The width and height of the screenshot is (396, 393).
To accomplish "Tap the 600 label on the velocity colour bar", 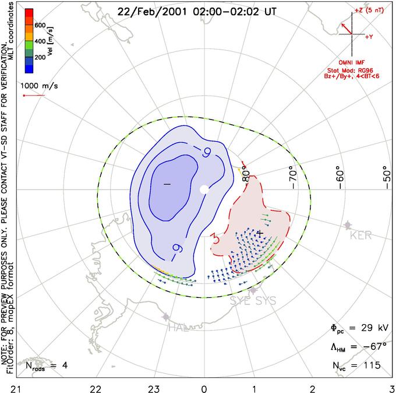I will point(40,25).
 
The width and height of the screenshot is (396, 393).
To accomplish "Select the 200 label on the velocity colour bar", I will point(40,58).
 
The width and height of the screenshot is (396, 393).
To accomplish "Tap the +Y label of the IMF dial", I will point(369,37).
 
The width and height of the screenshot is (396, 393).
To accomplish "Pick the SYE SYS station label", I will point(252,301).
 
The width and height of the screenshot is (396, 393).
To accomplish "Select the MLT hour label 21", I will point(4,388).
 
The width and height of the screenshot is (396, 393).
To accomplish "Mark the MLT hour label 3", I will point(391,388).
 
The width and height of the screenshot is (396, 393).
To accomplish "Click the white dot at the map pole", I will point(204,190).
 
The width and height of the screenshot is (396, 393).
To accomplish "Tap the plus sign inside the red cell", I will point(260,233).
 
